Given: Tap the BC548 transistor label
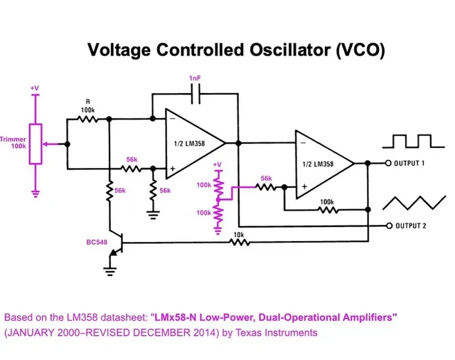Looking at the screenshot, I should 97,243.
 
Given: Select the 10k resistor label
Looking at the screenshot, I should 238,234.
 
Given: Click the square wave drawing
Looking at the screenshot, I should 409,140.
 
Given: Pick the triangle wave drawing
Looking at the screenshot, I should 409,203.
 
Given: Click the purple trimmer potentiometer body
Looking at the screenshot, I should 36,144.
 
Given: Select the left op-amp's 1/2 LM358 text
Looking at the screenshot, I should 190,144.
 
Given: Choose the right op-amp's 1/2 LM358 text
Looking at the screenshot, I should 318,164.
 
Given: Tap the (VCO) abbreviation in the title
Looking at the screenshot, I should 360,51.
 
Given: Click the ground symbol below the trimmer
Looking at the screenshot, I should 36,191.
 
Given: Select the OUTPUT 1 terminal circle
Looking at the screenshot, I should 389,163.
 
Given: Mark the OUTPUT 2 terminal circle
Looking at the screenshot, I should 389,226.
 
